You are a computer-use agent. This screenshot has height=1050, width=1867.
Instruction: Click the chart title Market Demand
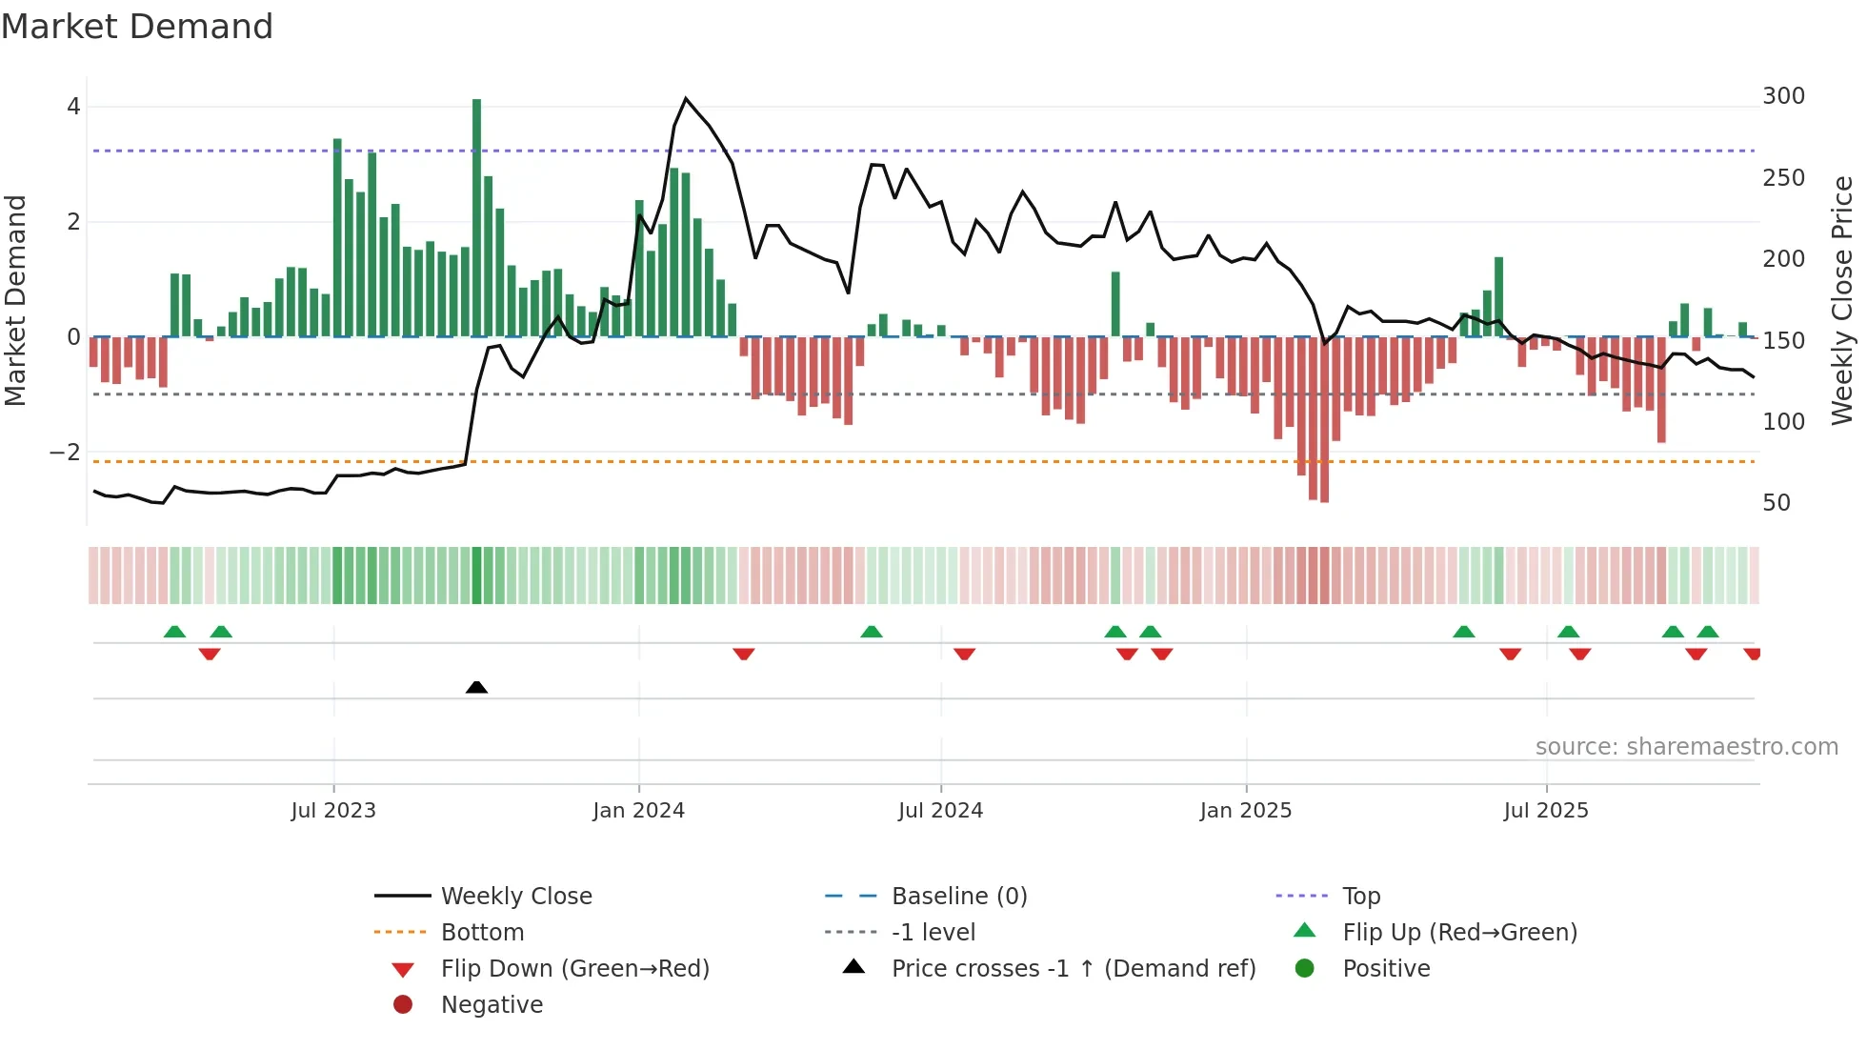137,27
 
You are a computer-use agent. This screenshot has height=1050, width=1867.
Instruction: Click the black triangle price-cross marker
476,687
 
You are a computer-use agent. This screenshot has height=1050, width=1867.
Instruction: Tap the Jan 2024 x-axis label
638,811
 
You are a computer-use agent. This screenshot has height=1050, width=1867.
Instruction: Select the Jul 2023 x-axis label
333,811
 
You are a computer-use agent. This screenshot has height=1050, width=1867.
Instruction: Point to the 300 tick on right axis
1783,96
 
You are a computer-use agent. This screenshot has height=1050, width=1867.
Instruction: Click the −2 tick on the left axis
65,453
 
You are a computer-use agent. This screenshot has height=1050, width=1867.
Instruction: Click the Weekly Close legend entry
515,897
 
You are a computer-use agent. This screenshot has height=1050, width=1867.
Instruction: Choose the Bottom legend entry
482,933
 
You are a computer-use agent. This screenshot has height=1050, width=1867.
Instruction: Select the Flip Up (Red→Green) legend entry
1459,933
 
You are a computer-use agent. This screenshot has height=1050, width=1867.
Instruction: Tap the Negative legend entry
492,1005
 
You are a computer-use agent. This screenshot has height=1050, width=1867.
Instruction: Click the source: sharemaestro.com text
1686,747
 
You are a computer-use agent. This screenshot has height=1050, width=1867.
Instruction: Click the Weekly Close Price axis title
1842,300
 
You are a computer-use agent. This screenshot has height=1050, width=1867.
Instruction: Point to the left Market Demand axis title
15,300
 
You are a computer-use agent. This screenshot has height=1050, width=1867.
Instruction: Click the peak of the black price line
686,99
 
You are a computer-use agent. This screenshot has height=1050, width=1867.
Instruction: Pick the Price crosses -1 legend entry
1073,969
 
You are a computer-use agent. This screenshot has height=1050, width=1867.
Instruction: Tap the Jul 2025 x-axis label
1546,811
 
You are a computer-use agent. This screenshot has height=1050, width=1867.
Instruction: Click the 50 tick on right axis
1777,503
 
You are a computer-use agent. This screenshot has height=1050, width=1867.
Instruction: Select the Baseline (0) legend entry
958,897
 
